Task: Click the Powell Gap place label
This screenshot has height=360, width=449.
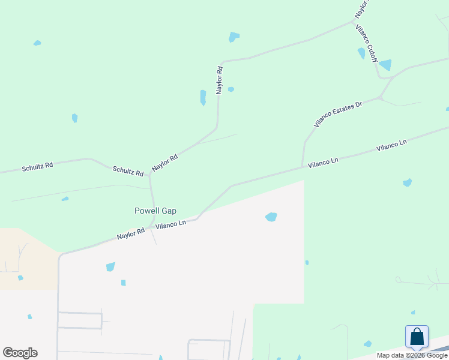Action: tap(155, 211)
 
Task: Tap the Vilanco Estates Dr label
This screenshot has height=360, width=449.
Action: tap(339, 114)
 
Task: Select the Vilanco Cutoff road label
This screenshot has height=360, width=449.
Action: tap(366, 44)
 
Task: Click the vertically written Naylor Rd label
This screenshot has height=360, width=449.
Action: tap(220, 79)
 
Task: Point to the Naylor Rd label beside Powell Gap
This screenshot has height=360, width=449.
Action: tap(131, 233)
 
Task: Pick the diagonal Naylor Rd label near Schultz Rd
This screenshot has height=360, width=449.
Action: tap(165, 163)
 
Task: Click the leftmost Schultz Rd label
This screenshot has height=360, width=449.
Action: tap(37, 167)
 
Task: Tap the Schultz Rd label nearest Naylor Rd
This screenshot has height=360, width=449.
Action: tap(128, 172)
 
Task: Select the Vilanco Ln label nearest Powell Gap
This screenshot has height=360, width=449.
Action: tap(171, 224)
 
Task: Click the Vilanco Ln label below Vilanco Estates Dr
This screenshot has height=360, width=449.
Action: tap(323, 162)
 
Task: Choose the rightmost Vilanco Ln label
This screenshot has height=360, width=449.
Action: tap(391, 146)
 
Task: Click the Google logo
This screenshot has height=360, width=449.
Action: tap(20, 352)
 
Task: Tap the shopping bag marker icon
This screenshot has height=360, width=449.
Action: tap(417, 337)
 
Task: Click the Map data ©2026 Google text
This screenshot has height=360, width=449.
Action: tap(412, 355)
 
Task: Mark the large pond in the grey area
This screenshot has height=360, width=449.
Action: tap(271, 217)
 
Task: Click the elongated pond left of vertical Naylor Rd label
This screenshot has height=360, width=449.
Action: tap(203, 97)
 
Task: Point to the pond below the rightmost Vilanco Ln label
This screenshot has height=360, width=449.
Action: tap(408, 182)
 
